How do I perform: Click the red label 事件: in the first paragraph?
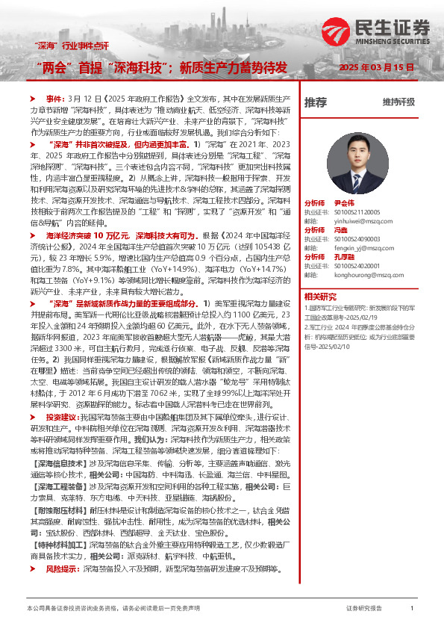56,98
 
